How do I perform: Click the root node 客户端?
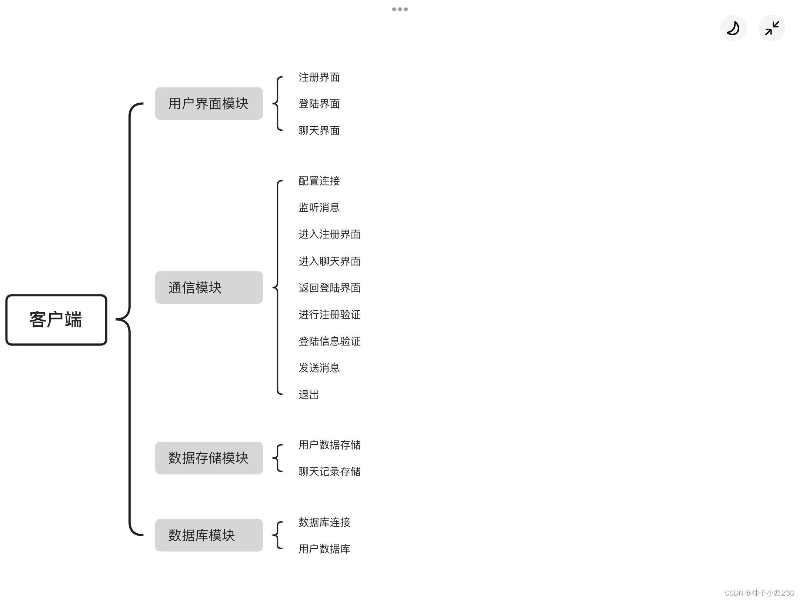point(56,320)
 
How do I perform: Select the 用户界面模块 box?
point(209,103)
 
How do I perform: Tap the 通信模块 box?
point(209,287)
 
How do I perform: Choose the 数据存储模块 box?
point(209,458)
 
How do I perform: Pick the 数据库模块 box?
point(209,535)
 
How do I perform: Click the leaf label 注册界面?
point(319,77)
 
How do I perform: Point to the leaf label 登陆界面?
point(319,104)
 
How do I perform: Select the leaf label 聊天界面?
point(319,131)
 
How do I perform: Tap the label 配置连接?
point(319,181)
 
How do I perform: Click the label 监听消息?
point(319,208)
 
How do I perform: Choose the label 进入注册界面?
point(329,234)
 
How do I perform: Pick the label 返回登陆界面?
point(329,288)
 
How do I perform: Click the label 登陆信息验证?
point(329,341)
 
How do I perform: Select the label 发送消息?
point(319,368)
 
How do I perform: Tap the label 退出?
point(309,395)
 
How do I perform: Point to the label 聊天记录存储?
point(329,472)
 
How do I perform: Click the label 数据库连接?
point(324,523)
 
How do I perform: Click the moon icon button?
point(733,28)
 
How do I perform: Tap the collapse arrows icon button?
point(772,28)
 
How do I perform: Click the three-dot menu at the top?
point(400,9)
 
